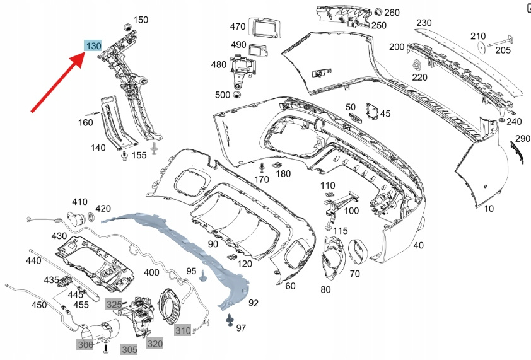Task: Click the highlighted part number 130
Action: coord(93,46)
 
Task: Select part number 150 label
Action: coord(141,20)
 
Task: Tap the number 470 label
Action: coord(238,27)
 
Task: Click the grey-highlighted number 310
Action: coord(183,330)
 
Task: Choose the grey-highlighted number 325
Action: coord(114,304)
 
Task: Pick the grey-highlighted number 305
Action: coord(129,349)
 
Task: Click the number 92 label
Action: coord(254,303)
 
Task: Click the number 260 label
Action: coord(392,13)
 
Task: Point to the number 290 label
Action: coord(523,138)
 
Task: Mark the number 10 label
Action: coord(489,207)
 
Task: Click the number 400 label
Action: coord(151,272)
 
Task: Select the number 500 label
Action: coord(223,95)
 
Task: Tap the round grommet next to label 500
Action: coord(237,95)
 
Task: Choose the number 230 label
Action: coord(424,23)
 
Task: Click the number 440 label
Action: coord(33,260)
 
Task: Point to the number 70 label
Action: coord(354,274)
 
